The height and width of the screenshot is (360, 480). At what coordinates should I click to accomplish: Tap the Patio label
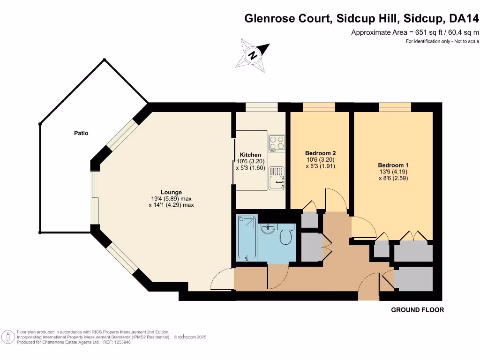tap(81, 133)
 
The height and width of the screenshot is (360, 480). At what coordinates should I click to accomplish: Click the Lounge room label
tap(171, 192)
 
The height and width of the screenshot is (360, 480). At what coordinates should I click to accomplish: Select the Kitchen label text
tap(250, 155)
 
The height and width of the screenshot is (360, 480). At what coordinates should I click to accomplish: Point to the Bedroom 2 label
tap(320, 153)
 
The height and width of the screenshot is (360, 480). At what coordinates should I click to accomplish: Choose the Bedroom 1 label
tap(393, 165)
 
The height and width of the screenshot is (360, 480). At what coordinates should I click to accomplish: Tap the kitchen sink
tap(276, 178)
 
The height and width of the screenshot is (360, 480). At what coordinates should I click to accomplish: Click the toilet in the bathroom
tap(285, 236)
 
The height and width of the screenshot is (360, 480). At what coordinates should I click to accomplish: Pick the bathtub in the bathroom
tap(247, 238)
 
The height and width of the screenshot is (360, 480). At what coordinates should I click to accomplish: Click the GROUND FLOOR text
tap(417, 310)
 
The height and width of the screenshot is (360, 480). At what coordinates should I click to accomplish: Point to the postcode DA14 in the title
tap(464, 19)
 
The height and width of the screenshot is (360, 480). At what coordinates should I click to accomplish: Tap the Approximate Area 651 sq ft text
tap(415, 32)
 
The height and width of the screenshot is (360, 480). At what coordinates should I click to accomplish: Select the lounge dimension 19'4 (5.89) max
tap(171, 198)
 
